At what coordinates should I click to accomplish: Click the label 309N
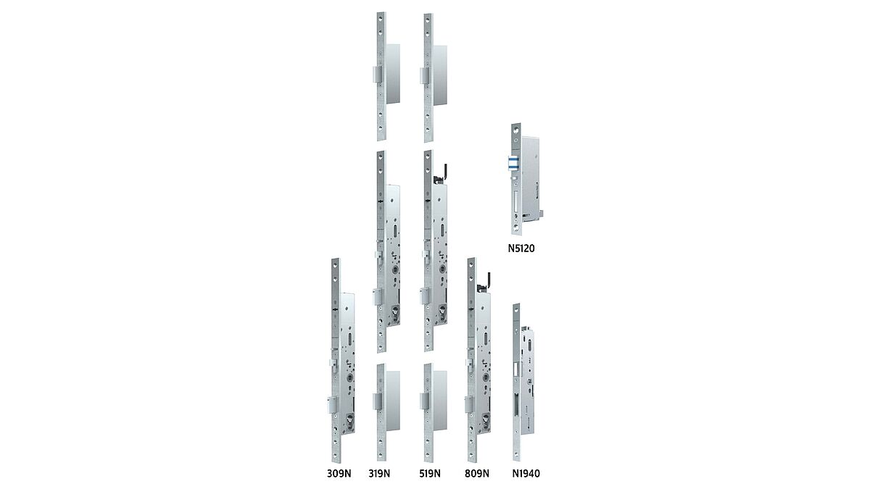tap(339, 474)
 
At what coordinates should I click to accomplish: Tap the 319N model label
tap(379, 474)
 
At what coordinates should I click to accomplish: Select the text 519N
tap(430, 474)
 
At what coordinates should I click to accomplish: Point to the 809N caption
tap(477, 474)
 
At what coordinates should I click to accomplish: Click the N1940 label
tap(526, 474)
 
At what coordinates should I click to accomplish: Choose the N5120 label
tap(521, 248)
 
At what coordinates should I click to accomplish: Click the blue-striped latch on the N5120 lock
tap(513, 163)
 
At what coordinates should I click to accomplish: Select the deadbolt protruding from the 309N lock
tap(333, 405)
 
